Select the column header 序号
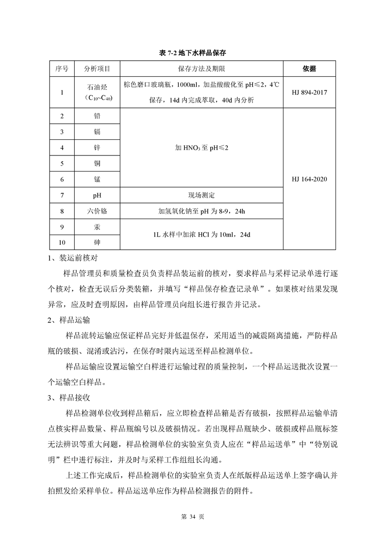pos(62,68)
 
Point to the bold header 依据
pos(309,68)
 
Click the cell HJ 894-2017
pos(309,92)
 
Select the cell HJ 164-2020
pos(309,179)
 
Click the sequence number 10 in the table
pos(62,242)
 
